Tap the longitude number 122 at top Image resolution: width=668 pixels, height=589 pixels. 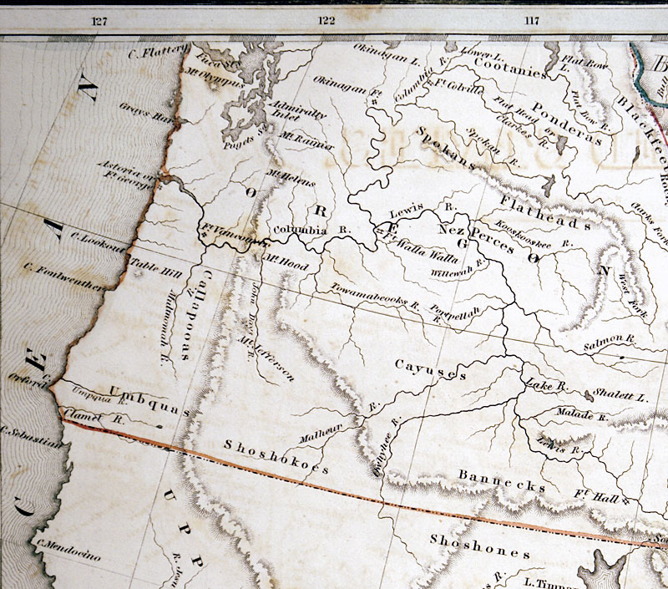[326, 21]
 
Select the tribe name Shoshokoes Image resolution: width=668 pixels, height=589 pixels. [276, 455]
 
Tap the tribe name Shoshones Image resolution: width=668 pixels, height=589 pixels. [479, 547]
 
